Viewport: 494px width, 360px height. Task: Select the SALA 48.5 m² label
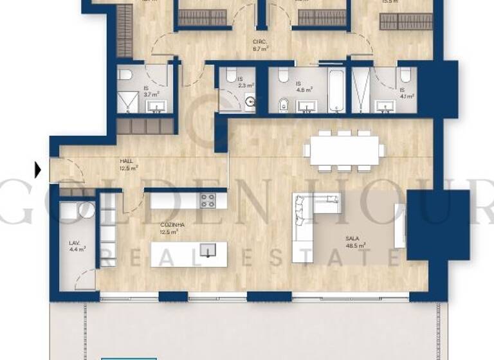pyautogui.click(x=353, y=242)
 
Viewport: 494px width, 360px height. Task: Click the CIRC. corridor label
pyautogui.click(x=261, y=45)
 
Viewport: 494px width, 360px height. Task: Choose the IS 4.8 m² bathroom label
pyautogui.click(x=304, y=87)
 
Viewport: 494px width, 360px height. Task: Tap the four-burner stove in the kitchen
pyautogui.click(x=208, y=200)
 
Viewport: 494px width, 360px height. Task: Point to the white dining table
pyautogui.click(x=344, y=150)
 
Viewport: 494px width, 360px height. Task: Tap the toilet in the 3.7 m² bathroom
pyautogui.click(x=125, y=76)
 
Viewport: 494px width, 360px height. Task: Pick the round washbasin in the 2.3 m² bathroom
pyautogui.click(x=251, y=101)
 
